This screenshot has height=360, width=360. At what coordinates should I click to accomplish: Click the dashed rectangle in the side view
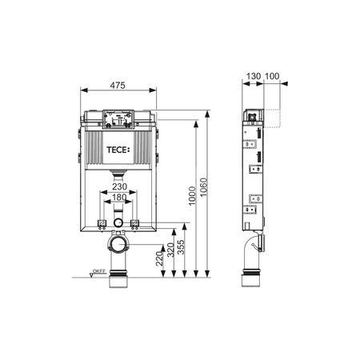(x=273, y=118)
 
